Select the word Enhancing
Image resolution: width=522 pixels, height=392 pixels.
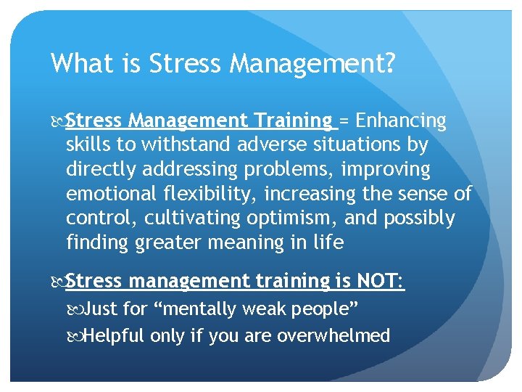401,120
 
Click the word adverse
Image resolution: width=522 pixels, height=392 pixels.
262,144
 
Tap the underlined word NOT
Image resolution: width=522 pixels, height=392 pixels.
376,280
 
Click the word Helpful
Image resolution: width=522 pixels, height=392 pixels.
114,335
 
